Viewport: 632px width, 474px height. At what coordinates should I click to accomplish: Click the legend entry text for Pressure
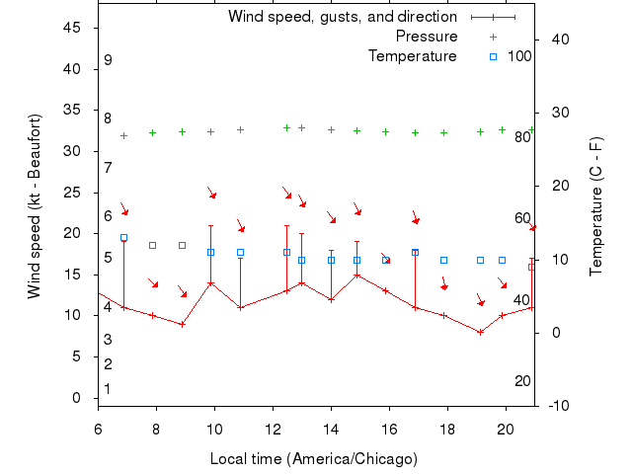pyautogui.click(x=427, y=37)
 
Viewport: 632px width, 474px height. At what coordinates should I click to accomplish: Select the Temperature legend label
pyautogui.click(x=413, y=56)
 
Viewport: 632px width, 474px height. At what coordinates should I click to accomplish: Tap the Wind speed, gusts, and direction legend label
pyautogui.click(x=343, y=17)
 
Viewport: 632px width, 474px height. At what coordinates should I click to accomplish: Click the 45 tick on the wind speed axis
pyautogui.click(x=72, y=28)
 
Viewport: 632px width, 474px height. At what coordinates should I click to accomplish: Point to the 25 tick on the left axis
pyautogui.click(x=72, y=193)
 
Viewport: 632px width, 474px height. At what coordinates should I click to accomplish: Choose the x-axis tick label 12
pyautogui.click(x=273, y=429)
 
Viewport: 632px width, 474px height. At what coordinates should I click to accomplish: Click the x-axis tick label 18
pyautogui.click(x=447, y=429)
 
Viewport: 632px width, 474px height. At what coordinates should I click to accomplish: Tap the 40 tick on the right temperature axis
pyautogui.click(x=556, y=39)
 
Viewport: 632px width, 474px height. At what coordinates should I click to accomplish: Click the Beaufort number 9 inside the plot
pyautogui.click(x=108, y=60)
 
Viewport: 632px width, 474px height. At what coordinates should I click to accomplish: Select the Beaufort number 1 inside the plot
pyautogui.click(x=108, y=389)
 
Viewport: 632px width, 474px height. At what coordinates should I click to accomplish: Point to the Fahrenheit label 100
pyautogui.click(x=519, y=56)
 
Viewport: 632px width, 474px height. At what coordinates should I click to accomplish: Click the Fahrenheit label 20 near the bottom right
pyautogui.click(x=522, y=381)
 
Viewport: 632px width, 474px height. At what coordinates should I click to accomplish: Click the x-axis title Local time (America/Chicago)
pyautogui.click(x=314, y=459)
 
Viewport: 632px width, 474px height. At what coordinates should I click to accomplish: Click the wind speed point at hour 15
pyautogui.click(x=356, y=275)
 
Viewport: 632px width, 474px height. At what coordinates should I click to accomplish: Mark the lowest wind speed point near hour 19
pyautogui.click(x=480, y=332)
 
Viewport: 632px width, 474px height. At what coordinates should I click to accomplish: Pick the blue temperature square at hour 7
pyautogui.click(x=123, y=238)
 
